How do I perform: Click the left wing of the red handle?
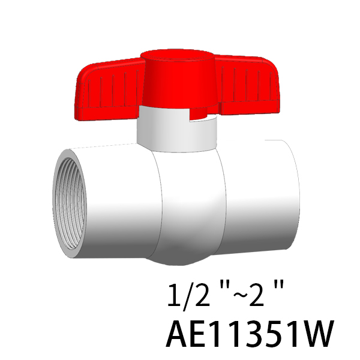pos(108,89)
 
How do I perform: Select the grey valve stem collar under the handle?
pos(177,133)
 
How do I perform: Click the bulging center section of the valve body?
pos(191,206)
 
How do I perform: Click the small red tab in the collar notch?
pos(199,113)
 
